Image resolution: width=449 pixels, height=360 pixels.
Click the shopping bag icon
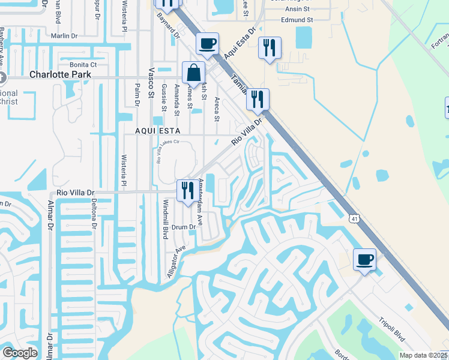[x=194, y=73]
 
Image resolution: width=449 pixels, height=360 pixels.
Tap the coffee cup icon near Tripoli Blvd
[x=364, y=260]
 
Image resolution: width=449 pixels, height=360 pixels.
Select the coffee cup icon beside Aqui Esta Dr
[x=207, y=44]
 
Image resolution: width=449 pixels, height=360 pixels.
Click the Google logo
[x=20, y=353]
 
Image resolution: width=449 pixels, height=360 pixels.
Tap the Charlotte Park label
[x=60, y=75]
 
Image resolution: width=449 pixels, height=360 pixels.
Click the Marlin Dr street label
[x=65, y=36]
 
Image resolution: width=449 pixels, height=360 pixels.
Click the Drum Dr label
[x=184, y=227]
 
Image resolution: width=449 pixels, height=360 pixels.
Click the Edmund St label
[x=297, y=20]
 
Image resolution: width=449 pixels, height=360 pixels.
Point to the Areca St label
[x=217, y=107]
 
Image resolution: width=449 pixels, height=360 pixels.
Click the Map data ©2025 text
[x=423, y=355]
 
